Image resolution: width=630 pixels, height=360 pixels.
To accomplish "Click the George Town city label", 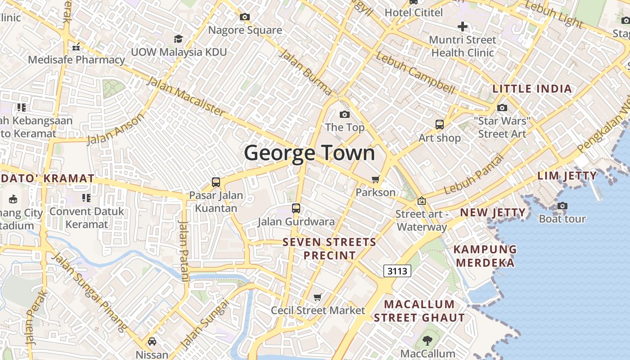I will pos(310,153).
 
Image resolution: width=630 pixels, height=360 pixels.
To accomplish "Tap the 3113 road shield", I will pos(397,270).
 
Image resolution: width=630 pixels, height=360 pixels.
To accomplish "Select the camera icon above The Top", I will pos(345,115).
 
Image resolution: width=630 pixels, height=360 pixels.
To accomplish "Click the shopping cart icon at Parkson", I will pos(376,179).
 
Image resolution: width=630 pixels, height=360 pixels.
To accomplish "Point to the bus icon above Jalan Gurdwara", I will pos(296,208).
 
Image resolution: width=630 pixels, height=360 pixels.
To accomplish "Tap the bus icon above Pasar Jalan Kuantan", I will pos(216,182).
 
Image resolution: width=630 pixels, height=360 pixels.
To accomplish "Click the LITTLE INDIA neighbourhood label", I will pos(532,89).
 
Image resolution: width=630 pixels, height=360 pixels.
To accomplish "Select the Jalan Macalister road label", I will pos(185,96).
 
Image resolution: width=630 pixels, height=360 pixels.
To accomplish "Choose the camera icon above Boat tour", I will pos(562,206).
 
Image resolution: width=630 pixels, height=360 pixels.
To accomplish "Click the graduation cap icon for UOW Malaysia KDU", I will pos(179,39).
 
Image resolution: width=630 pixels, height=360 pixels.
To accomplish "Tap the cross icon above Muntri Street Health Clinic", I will pos(462,27).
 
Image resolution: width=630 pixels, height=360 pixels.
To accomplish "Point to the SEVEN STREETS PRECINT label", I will pos(329,249).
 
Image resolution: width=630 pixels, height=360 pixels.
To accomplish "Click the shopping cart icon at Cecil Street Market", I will pos(318,297).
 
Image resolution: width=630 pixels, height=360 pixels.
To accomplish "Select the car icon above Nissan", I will pos(152,341).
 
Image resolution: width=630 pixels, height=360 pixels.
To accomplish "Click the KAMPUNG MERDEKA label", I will pos(485,256).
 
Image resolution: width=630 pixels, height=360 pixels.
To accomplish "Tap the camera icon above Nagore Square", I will pos(245,17).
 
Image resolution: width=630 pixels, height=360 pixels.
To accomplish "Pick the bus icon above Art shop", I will pos(440,125).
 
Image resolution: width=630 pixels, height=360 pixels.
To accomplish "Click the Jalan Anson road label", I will pos(116,129).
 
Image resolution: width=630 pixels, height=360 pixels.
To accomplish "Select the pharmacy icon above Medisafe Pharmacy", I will pos(76,47).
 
